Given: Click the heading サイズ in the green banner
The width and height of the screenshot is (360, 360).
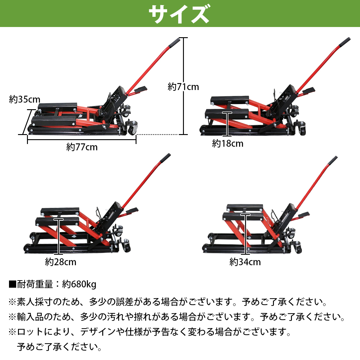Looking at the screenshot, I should point(179,14).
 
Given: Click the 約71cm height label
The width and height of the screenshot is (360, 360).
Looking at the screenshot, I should point(183,87).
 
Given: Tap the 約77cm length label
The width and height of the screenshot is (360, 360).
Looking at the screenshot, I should point(82,147).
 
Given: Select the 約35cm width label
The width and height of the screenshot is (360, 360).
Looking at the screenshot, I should point(25,99).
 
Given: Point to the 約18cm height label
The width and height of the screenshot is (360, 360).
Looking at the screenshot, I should point(228,144).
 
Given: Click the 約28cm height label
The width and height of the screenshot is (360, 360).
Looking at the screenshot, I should point(61,262).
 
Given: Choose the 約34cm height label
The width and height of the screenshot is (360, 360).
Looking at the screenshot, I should point(245,262).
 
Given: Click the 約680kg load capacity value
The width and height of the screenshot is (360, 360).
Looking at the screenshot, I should point(79,284).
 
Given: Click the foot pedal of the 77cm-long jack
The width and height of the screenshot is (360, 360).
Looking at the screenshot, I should point(140,89).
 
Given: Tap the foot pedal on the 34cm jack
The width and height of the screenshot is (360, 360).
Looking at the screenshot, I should point(303,214).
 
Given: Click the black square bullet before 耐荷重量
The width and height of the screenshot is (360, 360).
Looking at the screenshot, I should point(12,284).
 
